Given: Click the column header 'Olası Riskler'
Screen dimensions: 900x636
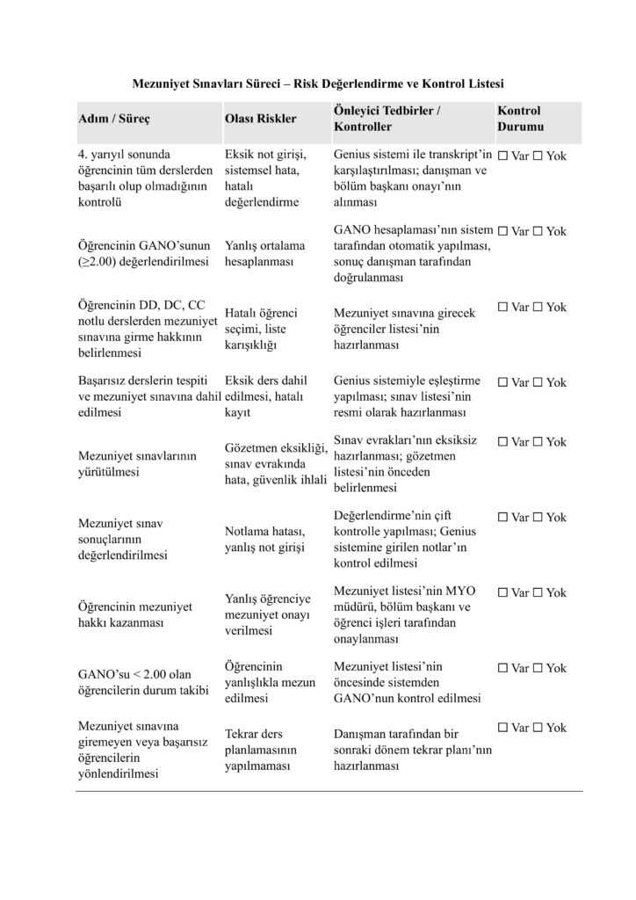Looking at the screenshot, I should click(261, 119).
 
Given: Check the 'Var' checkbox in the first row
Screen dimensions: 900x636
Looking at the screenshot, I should click(502, 156).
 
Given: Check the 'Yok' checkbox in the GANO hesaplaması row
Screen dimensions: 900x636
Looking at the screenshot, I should click(538, 231).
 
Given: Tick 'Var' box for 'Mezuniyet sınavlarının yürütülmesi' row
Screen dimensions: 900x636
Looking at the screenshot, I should click(502, 442).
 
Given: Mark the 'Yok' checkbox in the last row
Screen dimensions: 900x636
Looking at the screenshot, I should click(538, 728).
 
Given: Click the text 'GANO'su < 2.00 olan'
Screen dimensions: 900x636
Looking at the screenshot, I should click(134, 675).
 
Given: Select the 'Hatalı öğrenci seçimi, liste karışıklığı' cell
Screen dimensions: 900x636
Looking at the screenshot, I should click(262, 329).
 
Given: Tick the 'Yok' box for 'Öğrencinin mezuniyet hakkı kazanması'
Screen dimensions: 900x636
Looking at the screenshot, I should click(538, 592).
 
